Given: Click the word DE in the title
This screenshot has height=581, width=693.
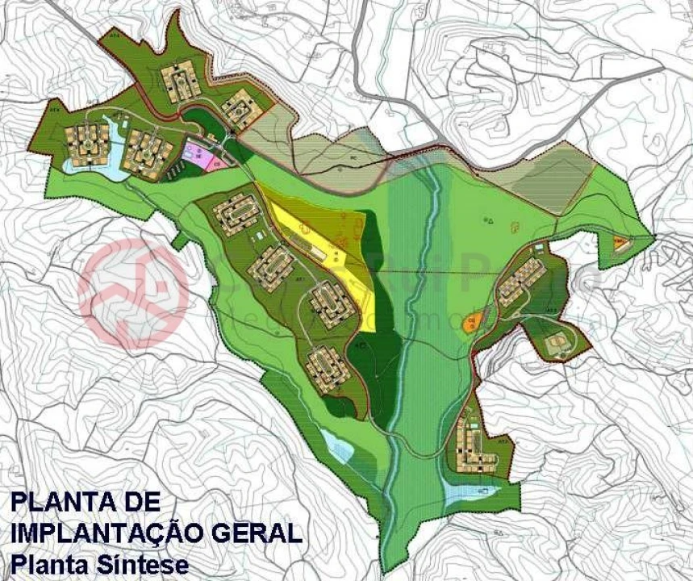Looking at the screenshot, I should point(137,502).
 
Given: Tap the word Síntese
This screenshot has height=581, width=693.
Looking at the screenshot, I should point(145,562).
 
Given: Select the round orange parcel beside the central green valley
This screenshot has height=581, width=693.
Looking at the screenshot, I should point(471,321).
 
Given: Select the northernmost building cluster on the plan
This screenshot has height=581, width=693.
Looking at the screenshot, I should point(179,81).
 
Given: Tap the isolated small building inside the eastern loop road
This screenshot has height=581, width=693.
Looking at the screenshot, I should point(555,345).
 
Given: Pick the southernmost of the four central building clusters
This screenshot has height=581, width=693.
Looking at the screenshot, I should point(328,369).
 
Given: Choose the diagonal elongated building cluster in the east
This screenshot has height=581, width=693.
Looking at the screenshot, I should point(520,280).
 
